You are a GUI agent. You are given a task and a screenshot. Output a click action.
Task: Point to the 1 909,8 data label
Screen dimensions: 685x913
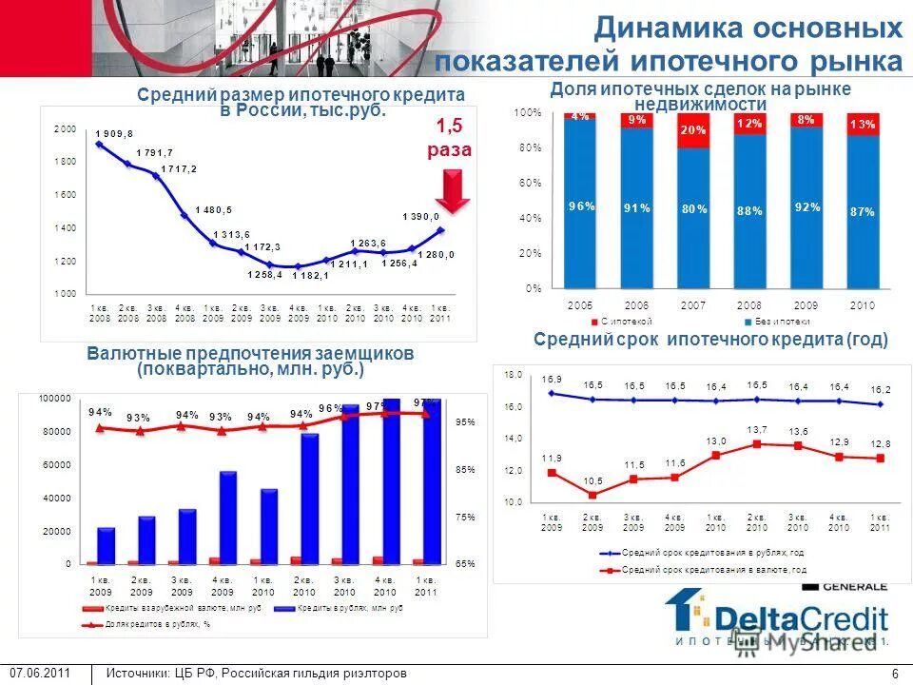click(114, 133)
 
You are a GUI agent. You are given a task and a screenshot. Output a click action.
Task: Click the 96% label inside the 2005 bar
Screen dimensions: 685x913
click(581, 205)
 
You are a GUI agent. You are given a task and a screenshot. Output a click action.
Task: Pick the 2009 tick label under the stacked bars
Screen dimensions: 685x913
click(806, 304)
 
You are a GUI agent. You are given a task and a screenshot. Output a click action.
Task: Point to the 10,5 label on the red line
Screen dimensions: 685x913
click(593, 480)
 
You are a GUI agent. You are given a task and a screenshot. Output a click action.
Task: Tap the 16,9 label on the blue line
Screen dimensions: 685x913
click(553, 379)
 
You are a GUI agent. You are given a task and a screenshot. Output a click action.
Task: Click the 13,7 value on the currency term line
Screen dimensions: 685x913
click(757, 429)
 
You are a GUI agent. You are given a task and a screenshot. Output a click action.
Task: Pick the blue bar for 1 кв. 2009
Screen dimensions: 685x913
click(106, 544)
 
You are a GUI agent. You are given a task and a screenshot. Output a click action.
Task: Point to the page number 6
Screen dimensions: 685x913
click(895, 674)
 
